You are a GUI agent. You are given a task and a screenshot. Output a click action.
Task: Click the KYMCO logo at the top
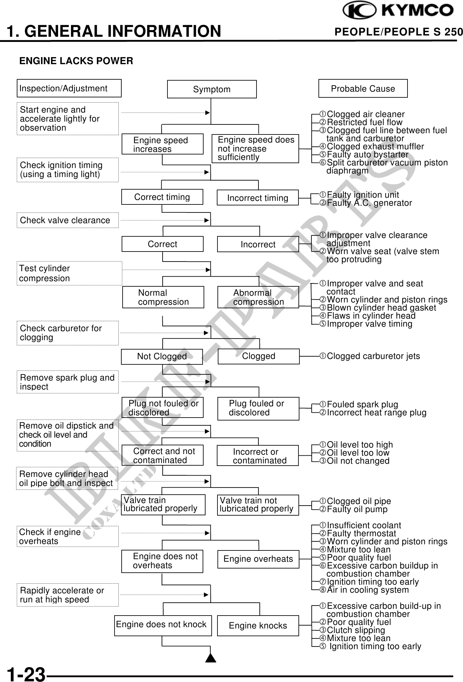click(398, 10)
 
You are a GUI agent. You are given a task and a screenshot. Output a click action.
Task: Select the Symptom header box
click(212, 89)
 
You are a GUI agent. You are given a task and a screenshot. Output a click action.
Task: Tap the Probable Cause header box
click(363, 89)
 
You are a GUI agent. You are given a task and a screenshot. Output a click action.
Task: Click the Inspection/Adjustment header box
click(69, 88)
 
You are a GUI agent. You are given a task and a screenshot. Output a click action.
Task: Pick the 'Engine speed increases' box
click(162, 144)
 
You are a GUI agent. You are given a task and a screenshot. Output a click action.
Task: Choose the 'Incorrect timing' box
click(257, 198)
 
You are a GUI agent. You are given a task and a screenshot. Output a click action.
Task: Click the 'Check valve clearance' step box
click(67, 220)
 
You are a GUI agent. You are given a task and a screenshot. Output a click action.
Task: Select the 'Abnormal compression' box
click(258, 297)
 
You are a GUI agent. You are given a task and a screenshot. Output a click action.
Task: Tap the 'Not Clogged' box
click(162, 356)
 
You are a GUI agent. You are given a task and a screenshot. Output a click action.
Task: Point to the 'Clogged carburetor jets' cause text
click(373, 356)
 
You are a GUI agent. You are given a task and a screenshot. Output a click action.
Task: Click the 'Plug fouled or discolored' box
click(258, 408)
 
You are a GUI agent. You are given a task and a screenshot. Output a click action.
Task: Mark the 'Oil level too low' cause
click(358, 453)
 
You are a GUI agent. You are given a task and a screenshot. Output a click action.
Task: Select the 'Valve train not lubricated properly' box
click(258, 505)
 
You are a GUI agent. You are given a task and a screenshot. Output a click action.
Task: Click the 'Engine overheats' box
click(258, 559)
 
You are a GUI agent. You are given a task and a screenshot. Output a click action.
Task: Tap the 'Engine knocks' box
click(258, 626)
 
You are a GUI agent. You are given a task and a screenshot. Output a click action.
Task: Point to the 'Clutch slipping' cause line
click(356, 630)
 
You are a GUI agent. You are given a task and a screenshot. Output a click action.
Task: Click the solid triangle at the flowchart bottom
click(211, 657)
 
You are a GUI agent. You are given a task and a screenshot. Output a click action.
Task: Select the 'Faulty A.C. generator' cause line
click(369, 203)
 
